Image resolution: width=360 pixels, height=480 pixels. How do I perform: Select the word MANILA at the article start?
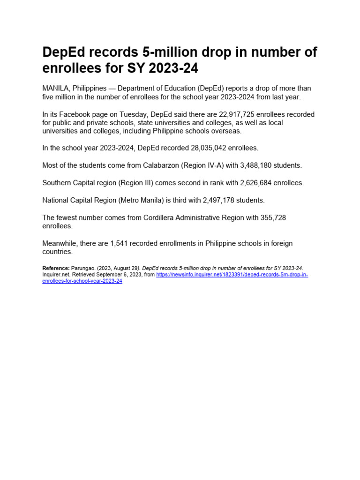click(x=54, y=89)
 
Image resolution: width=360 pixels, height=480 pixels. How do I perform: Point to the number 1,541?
click(x=119, y=243)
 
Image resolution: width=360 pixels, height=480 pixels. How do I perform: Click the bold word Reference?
click(x=56, y=268)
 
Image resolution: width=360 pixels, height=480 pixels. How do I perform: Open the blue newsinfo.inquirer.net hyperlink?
click(x=232, y=275)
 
